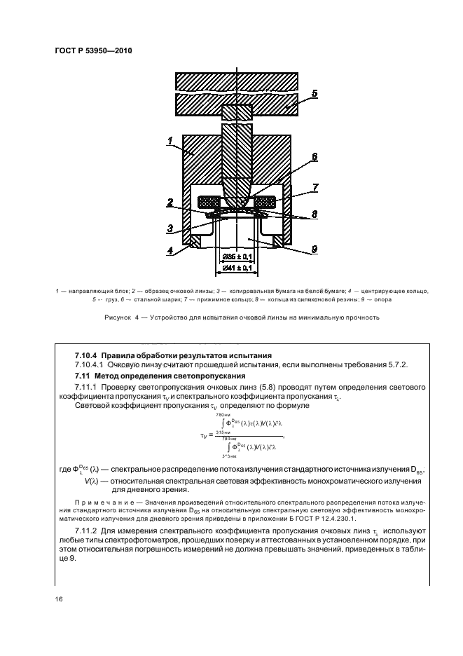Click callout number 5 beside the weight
[314, 93]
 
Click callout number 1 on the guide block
[170, 142]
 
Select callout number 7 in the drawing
[315, 188]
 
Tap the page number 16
[60, 599]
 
